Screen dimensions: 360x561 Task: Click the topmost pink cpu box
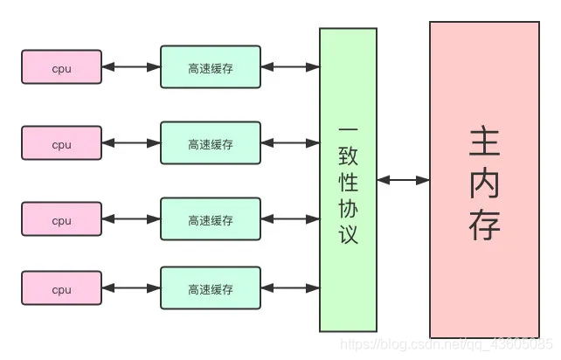[x=61, y=67]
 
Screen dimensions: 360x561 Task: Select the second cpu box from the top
[x=61, y=144]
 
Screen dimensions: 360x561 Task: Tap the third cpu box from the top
[x=61, y=220]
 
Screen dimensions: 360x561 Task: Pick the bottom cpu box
[x=61, y=289]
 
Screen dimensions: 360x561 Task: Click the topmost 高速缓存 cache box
[x=211, y=67]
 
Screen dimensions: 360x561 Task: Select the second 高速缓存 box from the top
[x=211, y=144]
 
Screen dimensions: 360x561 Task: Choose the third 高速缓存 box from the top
[x=211, y=220]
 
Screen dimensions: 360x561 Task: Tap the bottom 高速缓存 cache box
[x=211, y=289]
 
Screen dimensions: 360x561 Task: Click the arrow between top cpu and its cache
[x=131, y=67]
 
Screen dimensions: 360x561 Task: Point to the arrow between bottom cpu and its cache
[x=131, y=288]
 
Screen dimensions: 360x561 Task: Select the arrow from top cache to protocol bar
[x=290, y=67]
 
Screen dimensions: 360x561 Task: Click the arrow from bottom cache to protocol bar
[x=290, y=288]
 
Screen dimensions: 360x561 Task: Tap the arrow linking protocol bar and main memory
[x=403, y=180]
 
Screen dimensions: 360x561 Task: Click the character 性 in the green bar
[x=348, y=183]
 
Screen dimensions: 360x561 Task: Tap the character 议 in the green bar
[x=348, y=234]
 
